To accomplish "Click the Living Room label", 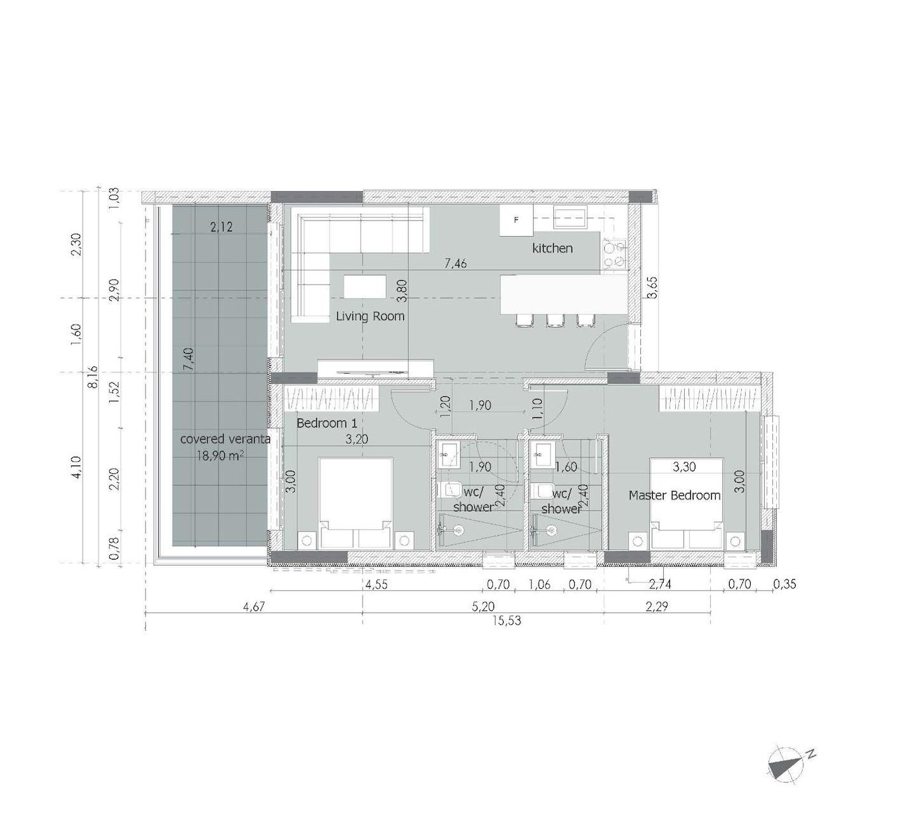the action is pyautogui.click(x=370, y=316).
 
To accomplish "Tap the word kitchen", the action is pyautogui.click(x=553, y=248).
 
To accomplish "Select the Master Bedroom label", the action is pyautogui.click(x=675, y=495).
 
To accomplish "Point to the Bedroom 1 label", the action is pyautogui.click(x=326, y=422).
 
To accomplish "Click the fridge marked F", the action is pyautogui.click(x=516, y=220).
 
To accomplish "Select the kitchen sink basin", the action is pyautogui.click(x=571, y=218).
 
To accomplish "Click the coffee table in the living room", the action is pyautogui.click(x=365, y=286).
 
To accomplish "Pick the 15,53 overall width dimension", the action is pyautogui.click(x=507, y=621).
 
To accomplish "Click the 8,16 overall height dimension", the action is pyautogui.click(x=93, y=377).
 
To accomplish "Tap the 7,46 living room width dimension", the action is pyautogui.click(x=455, y=264).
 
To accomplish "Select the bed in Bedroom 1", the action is pyautogui.click(x=355, y=503).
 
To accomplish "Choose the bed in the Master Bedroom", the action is pyautogui.click(x=687, y=503).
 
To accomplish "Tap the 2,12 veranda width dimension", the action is pyautogui.click(x=222, y=227).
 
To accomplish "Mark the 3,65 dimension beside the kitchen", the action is pyautogui.click(x=652, y=288).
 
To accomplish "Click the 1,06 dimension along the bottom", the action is pyautogui.click(x=540, y=585).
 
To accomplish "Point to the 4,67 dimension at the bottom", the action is pyautogui.click(x=254, y=607).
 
